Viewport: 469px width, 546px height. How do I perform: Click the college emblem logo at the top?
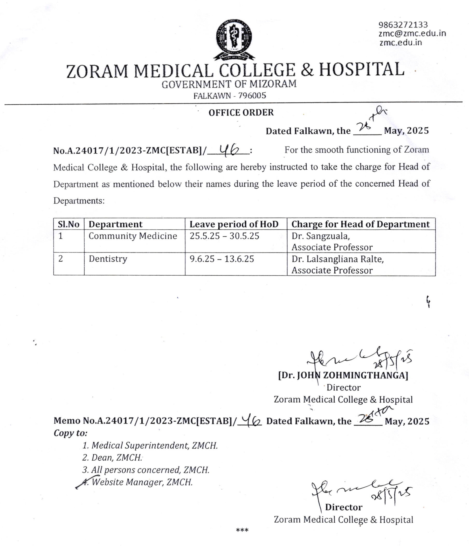pyautogui.click(x=234, y=39)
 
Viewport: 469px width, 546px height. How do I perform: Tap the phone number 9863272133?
pyautogui.click(x=403, y=25)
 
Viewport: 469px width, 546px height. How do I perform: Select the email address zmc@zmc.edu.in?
pyautogui.click(x=412, y=33)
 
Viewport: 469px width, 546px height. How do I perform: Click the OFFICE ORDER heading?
pyautogui.click(x=241, y=113)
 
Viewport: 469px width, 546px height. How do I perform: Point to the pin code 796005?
pyautogui.click(x=252, y=95)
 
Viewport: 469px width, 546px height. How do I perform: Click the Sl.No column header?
pyautogui.click(x=68, y=224)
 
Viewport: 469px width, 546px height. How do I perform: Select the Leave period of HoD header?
pyautogui.click(x=234, y=224)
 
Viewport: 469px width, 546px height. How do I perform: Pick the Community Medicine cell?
pyautogui.click(x=133, y=236)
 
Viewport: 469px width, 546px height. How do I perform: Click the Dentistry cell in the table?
pyautogui.click(x=108, y=259)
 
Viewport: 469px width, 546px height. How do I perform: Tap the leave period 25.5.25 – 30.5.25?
pyautogui.click(x=224, y=236)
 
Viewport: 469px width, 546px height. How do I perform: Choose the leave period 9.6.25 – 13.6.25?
pyautogui.click(x=222, y=259)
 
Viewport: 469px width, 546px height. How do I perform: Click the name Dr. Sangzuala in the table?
pyautogui.click(x=320, y=236)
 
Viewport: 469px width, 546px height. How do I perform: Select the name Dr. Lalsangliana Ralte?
pyautogui.click(x=337, y=259)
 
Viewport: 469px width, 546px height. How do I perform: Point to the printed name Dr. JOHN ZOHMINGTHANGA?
pyautogui.click(x=343, y=375)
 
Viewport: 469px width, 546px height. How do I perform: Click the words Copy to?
pyautogui.click(x=71, y=433)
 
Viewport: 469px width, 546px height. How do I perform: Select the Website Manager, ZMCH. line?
pyautogui.click(x=142, y=482)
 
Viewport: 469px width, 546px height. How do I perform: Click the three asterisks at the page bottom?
pyautogui.click(x=242, y=530)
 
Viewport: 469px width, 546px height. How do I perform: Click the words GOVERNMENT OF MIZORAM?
pyautogui.click(x=229, y=84)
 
